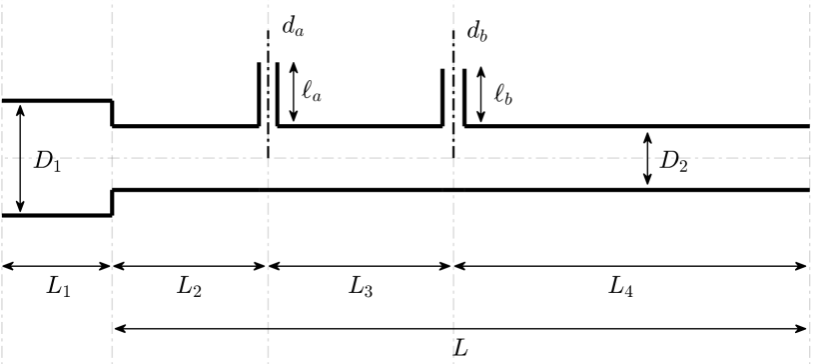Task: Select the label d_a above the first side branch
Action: click(293, 30)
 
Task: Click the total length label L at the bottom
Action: click(459, 348)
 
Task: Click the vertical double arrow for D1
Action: click(21, 157)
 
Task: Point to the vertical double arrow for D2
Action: click(648, 158)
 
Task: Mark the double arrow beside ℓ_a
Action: click(294, 87)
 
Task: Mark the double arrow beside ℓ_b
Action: click(481, 87)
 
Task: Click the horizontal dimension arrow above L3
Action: click(361, 266)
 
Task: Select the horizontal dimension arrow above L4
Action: click(630, 266)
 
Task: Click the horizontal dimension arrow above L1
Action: click(56, 266)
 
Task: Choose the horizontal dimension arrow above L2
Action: click(190, 266)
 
